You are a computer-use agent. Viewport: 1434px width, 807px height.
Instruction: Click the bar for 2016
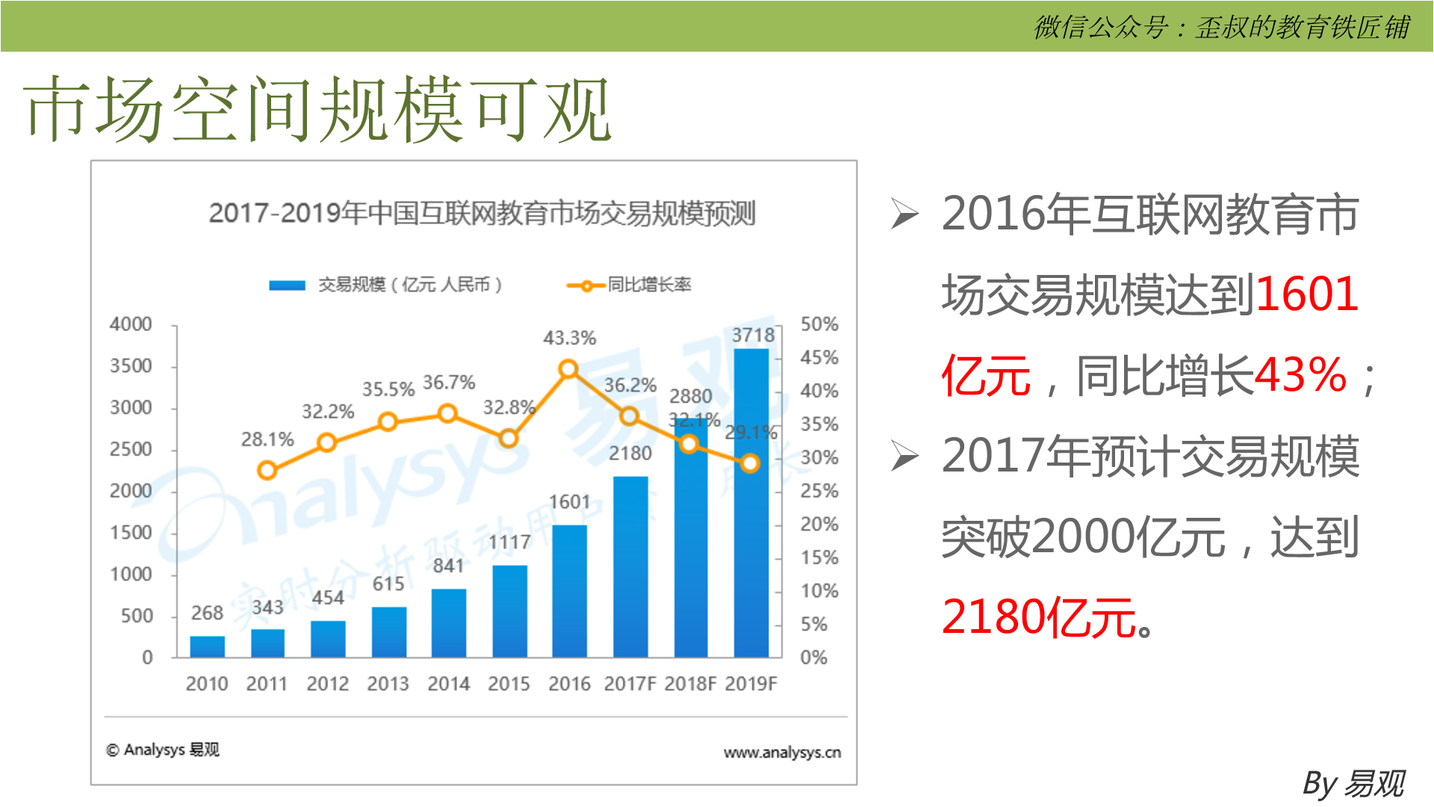569,590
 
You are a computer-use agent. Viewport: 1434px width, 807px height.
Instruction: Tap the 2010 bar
207,646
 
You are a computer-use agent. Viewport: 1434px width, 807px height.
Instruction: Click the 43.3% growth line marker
568,369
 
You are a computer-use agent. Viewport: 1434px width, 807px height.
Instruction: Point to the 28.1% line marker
267,470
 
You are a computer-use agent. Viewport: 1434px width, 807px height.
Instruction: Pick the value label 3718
753,336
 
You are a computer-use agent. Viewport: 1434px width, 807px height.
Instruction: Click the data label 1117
509,542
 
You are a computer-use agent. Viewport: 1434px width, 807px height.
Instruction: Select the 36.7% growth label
449,383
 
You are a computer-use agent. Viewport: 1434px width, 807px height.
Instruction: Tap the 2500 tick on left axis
131,450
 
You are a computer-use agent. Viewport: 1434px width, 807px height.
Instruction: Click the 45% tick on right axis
819,358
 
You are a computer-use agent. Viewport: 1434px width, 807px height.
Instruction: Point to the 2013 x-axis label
388,684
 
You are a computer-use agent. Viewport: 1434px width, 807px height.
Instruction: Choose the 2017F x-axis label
630,684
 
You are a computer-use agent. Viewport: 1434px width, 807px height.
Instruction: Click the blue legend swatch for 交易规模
287,285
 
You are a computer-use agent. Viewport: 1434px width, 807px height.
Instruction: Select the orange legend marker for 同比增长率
586,285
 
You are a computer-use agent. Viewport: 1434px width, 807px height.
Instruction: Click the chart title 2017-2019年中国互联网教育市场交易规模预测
482,213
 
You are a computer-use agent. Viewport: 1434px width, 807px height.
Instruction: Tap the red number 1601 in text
1306,294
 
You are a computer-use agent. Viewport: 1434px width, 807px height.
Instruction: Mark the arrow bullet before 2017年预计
904,457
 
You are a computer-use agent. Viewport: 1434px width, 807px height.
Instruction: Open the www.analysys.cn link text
782,752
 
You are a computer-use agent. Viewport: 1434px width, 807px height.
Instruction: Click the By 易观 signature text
1353,784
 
